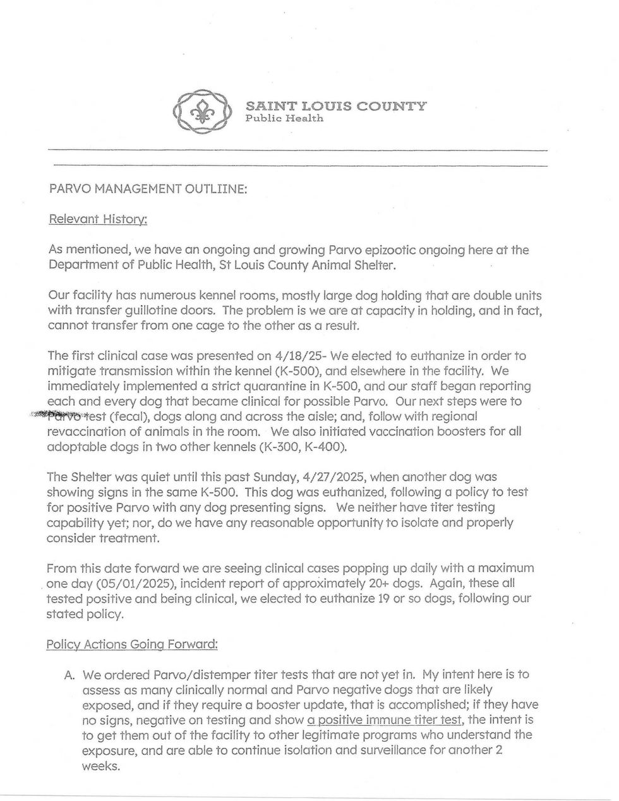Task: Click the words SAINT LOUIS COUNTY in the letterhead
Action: [x=335, y=106]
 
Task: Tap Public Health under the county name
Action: [x=284, y=118]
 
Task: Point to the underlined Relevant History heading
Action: [x=98, y=219]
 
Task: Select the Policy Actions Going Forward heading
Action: [x=133, y=644]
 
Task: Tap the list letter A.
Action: [x=69, y=675]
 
